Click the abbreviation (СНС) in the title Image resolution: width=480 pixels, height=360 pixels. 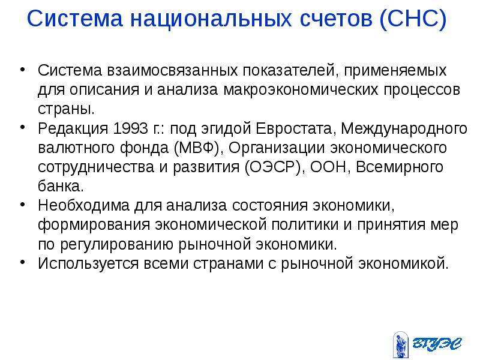[413, 19]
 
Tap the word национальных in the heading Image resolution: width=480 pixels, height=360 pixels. [211, 19]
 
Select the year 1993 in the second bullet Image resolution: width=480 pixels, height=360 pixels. [130, 128]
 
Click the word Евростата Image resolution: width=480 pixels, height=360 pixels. [294, 129]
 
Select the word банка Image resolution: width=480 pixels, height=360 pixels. [61, 186]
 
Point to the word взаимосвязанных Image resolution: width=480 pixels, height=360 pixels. [172, 71]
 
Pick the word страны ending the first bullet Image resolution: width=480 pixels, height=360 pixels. [66, 110]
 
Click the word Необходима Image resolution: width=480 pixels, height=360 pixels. [84, 205]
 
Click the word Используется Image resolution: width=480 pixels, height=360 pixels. [88, 264]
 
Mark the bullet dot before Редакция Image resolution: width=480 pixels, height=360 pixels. [23, 127]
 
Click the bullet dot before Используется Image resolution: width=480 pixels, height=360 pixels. [23, 262]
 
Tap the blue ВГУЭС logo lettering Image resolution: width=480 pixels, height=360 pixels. [437, 343]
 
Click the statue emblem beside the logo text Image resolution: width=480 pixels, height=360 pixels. [401, 344]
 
